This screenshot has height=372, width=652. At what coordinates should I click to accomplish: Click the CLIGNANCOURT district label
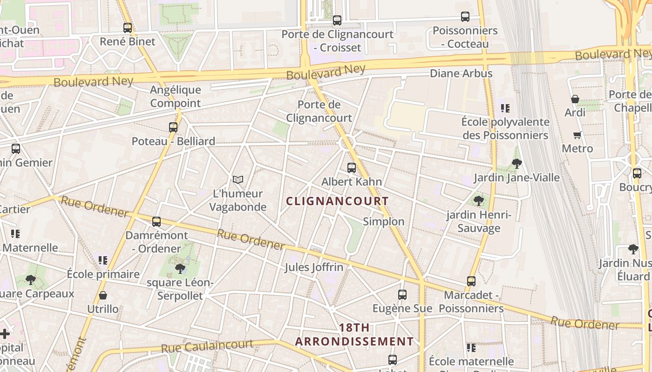click(x=337, y=201)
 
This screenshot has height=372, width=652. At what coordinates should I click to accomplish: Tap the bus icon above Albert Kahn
click(x=352, y=168)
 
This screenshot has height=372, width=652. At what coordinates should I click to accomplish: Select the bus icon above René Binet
click(x=128, y=28)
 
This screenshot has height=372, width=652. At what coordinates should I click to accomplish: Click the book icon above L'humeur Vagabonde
click(x=238, y=179)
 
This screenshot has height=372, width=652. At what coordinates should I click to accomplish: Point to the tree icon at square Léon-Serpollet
click(x=180, y=268)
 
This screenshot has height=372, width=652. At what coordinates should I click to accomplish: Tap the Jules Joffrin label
click(x=314, y=267)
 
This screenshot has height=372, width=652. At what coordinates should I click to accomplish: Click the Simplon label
click(x=383, y=221)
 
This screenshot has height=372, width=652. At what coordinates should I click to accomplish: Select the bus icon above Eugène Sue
click(x=402, y=295)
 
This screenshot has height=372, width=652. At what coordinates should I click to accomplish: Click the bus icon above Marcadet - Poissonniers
click(x=471, y=281)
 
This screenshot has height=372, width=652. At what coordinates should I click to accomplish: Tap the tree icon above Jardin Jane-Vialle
click(x=516, y=163)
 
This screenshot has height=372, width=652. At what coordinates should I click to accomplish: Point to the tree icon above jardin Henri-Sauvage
click(x=478, y=201)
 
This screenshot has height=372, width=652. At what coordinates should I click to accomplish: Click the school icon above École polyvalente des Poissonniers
click(x=505, y=108)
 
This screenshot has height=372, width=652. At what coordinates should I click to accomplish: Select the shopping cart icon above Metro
click(x=577, y=135)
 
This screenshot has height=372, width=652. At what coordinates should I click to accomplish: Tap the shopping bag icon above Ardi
click(x=575, y=99)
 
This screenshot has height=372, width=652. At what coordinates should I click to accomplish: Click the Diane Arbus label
click(x=461, y=73)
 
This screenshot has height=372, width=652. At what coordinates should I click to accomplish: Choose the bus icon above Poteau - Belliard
click(x=173, y=127)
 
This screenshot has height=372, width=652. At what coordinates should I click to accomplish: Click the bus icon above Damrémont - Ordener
click(x=156, y=222)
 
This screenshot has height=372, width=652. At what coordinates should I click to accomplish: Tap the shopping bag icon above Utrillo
click(x=103, y=295)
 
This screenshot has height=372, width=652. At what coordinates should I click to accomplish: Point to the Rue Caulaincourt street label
click(x=207, y=346)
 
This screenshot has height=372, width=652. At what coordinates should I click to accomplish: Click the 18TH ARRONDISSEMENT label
click(x=354, y=335)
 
